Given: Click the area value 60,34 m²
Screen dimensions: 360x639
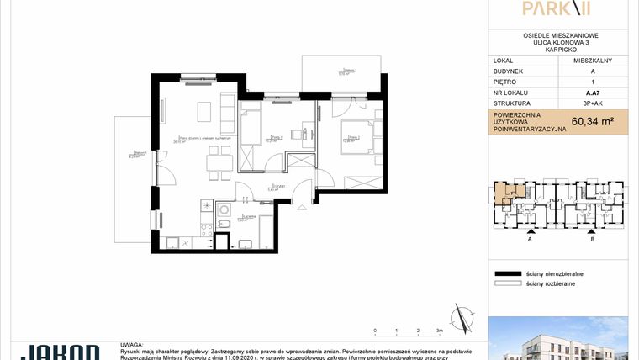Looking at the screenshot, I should pyautogui.click(x=592, y=121).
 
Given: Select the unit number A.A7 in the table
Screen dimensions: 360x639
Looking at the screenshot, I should pyautogui.click(x=592, y=93).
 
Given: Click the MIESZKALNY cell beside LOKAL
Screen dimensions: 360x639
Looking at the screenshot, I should pyautogui.click(x=592, y=61).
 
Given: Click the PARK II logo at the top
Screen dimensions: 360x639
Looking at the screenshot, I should pyautogui.click(x=558, y=9).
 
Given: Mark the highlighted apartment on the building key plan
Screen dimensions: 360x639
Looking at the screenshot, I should pyautogui.click(x=505, y=193).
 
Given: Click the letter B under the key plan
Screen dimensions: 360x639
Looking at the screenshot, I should pyautogui.click(x=593, y=239).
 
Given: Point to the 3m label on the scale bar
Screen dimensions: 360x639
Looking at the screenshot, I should pyautogui.click(x=439, y=331).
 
